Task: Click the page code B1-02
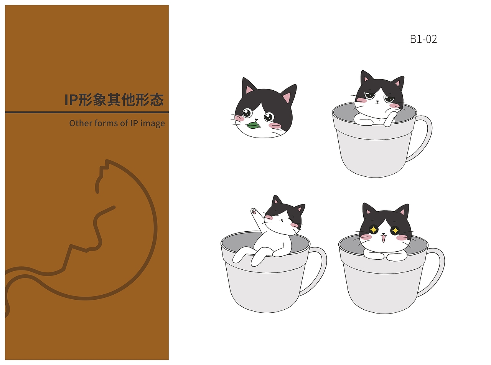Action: coord(423,39)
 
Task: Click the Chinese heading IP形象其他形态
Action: coord(114,100)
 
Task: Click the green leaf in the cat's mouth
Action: coord(253,125)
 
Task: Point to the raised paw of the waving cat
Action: coord(254,211)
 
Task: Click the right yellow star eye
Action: coord(395,230)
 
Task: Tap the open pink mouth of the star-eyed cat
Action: coord(383,239)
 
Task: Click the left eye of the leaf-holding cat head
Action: coord(246,113)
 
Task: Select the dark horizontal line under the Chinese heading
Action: coord(87,112)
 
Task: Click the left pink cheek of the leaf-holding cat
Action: coord(239,119)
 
